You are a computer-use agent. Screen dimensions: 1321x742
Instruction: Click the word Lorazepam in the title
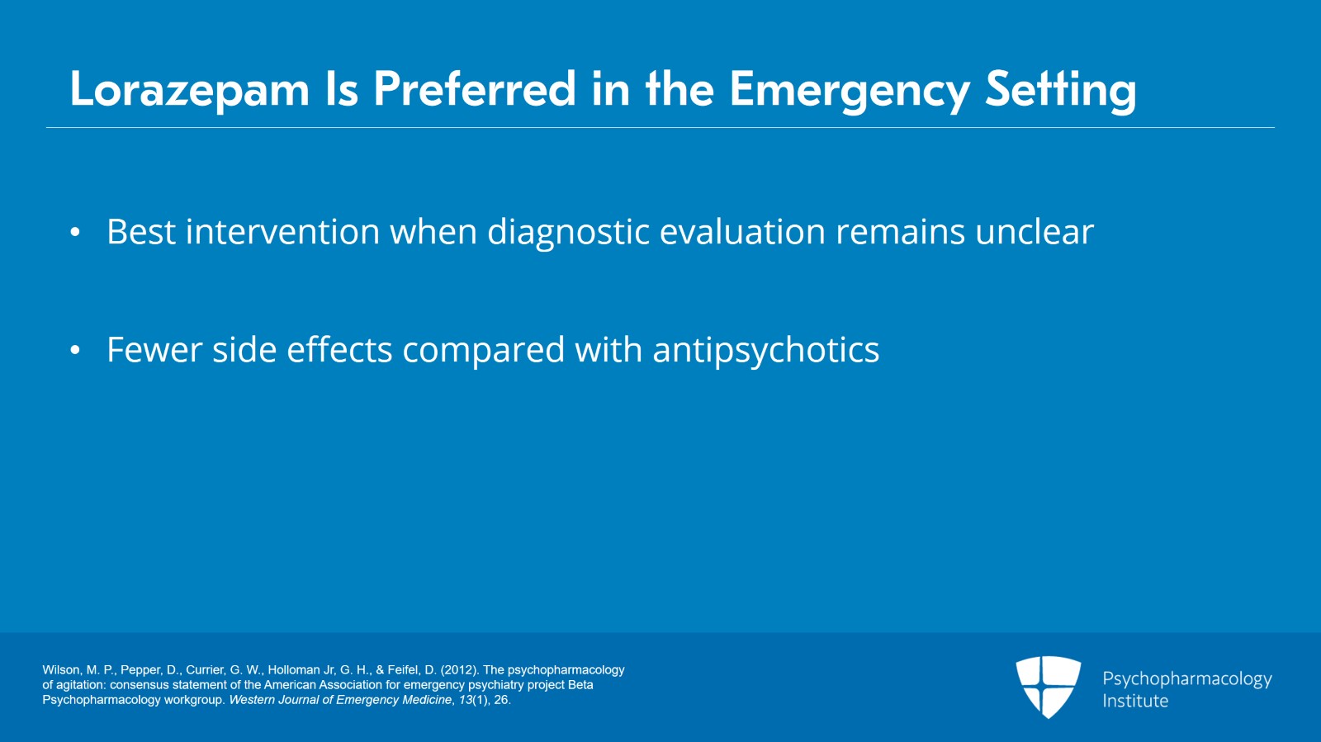[189, 90]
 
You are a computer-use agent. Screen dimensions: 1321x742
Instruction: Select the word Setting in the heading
[1060, 90]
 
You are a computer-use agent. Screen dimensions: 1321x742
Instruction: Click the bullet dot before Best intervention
[75, 232]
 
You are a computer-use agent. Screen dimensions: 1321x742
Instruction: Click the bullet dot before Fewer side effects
[75, 350]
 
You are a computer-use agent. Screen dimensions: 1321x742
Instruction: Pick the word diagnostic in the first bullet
[568, 232]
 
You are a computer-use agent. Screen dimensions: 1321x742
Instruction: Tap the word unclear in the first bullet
[1035, 232]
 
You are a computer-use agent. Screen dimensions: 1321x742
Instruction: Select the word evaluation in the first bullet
[742, 232]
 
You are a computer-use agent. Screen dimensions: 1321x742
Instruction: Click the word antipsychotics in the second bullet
[766, 351]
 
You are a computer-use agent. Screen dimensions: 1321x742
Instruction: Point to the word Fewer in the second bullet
[154, 350]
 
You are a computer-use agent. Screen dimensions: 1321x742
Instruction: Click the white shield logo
[1048, 687]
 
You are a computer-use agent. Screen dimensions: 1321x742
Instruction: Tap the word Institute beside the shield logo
[1135, 701]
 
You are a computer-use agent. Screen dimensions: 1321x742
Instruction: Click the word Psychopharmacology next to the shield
[1187, 679]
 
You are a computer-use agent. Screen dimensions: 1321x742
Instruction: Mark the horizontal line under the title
[660, 127]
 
